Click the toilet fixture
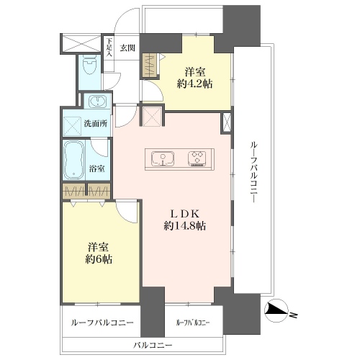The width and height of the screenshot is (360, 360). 89,65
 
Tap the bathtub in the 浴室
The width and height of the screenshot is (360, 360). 73,160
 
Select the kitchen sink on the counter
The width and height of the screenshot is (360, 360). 163,158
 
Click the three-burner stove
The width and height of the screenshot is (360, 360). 197,158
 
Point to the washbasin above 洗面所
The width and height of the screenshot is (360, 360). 97,101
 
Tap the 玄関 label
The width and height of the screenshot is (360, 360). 127,48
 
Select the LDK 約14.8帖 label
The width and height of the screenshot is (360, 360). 184,220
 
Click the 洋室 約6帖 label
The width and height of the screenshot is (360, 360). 99,253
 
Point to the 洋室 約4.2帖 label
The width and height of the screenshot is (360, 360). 194,78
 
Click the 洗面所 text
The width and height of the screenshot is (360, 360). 95,123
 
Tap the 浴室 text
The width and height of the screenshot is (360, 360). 97,168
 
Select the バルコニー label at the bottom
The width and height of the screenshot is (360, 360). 153,346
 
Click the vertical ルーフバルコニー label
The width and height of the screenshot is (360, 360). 253,172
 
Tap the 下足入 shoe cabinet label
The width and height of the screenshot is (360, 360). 109,48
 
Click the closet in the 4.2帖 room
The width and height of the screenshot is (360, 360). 149,65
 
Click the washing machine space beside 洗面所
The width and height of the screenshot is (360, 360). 73,126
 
